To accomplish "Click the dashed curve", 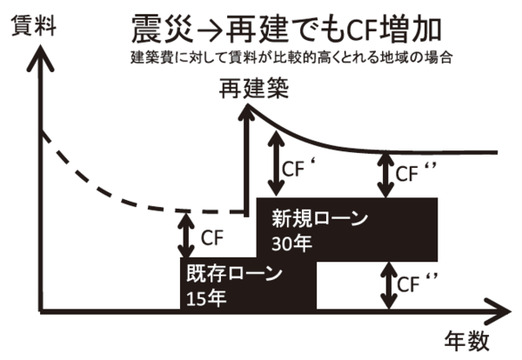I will [x=113, y=186].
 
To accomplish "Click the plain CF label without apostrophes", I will [x=211, y=236].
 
